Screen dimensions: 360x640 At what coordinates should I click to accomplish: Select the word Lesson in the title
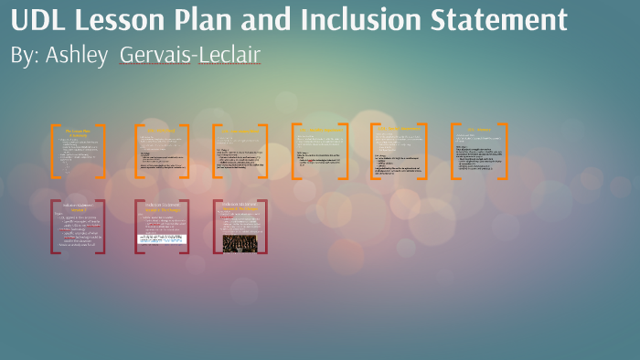(123, 20)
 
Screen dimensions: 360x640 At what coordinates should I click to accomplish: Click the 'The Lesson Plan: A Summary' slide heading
(78, 132)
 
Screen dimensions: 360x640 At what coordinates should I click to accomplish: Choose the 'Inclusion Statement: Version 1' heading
(78, 209)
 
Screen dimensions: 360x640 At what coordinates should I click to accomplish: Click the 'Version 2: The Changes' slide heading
(161, 209)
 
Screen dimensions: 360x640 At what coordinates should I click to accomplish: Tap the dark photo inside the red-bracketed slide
(240, 243)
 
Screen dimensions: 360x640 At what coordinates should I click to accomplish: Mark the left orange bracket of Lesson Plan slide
(54, 151)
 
